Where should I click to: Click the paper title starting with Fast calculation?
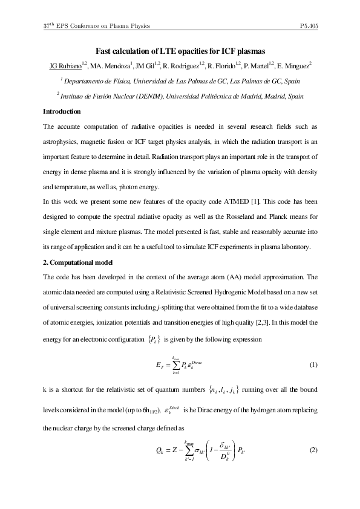180,52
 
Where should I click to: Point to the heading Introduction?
62,111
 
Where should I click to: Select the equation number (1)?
313,365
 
